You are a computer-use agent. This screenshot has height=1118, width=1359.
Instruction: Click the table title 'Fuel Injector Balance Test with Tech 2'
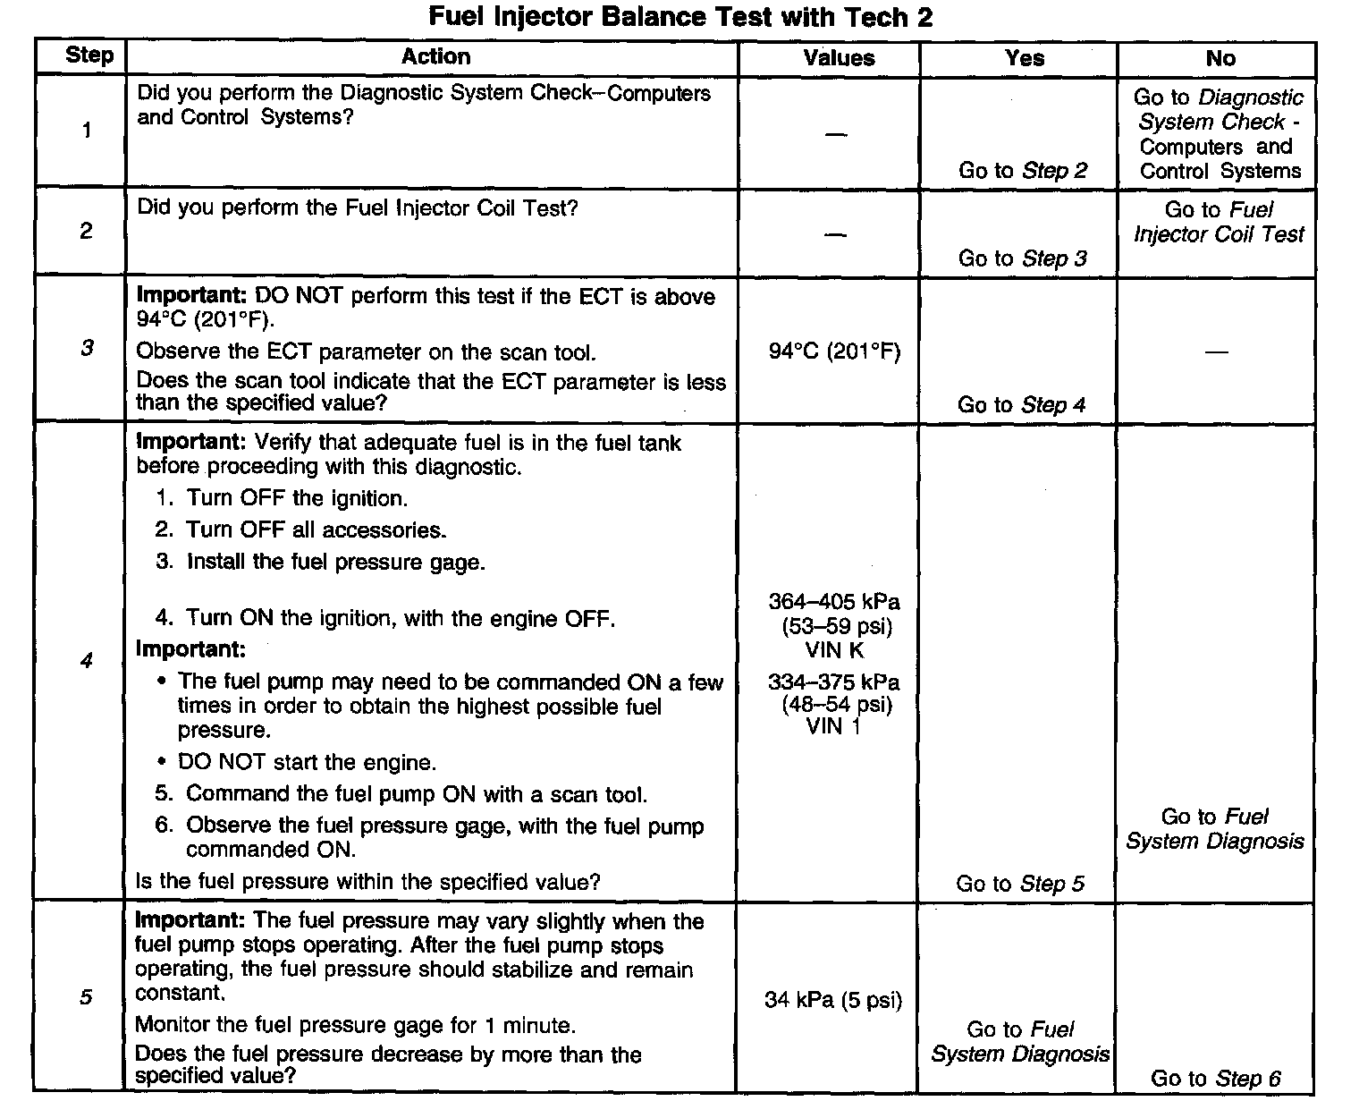pyautogui.click(x=680, y=17)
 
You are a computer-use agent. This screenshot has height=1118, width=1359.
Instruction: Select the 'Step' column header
pyautogui.click(x=89, y=55)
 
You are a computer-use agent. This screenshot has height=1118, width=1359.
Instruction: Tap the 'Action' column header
pyautogui.click(x=435, y=56)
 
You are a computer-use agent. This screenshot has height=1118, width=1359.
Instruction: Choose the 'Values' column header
pyautogui.click(x=838, y=58)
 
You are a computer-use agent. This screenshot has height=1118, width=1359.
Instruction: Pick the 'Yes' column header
pyautogui.click(x=1024, y=58)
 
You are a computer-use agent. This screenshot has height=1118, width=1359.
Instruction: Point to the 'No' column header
pyautogui.click(x=1220, y=58)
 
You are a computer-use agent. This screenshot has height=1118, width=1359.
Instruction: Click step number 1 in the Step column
pyautogui.click(x=87, y=131)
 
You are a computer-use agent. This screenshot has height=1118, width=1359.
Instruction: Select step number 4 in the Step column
pyautogui.click(x=86, y=661)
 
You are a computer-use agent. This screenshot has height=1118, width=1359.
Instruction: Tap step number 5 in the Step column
pyautogui.click(x=86, y=996)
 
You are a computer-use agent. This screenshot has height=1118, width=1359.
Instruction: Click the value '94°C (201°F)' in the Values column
pyautogui.click(x=834, y=351)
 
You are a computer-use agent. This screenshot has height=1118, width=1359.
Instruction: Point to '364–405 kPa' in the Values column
pyautogui.click(x=834, y=601)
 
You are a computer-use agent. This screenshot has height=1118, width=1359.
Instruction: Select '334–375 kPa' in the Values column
pyautogui.click(x=834, y=682)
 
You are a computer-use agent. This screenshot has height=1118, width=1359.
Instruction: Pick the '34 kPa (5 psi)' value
pyautogui.click(x=833, y=999)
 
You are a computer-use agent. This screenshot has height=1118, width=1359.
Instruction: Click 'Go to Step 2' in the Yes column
pyautogui.click(x=1023, y=171)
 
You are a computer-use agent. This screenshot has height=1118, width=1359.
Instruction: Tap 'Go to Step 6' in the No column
pyautogui.click(x=1215, y=1079)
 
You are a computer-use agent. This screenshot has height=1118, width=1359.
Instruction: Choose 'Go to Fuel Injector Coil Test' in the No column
pyautogui.click(x=1218, y=222)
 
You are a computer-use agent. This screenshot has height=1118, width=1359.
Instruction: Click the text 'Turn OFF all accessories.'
pyautogui.click(x=316, y=529)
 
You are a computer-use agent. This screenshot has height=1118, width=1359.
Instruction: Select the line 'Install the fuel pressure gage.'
pyautogui.click(x=335, y=562)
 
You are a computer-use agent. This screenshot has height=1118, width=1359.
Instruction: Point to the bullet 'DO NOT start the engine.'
pyautogui.click(x=307, y=762)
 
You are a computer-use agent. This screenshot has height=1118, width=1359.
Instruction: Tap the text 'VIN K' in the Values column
pyautogui.click(x=835, y=649)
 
